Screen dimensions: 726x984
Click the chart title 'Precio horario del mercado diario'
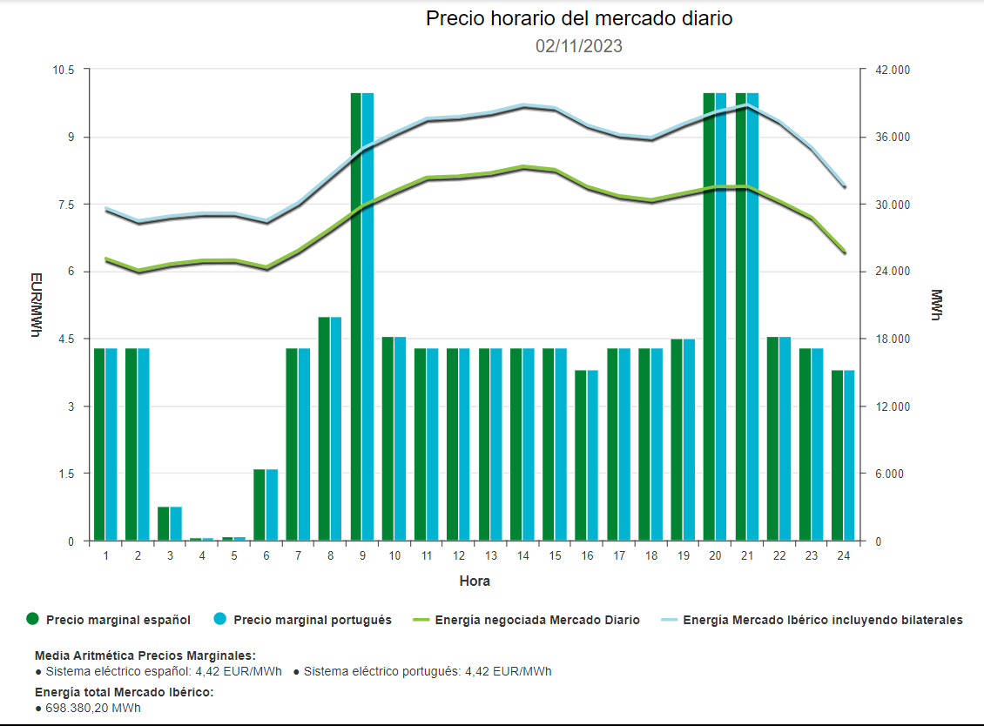pyautogui.click(x=579, y=18)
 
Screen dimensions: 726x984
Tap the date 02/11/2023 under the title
pyautogui.click(x=579, y=46)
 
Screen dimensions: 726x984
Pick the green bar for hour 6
pyautogui.click(x=259, y=505)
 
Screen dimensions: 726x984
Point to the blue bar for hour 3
pyautogui.click(x=176, y=523)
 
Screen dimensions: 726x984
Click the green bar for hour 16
pyautogui.click(x=581, y=455)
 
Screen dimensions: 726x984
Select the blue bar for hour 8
pyautogui.click(x=336, y=428)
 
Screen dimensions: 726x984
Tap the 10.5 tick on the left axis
pyautogui.click(x=64, y=70)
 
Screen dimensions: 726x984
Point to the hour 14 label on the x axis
pyautogui.click(x=522, y=555)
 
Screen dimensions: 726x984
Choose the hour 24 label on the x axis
pyautogui.click(x=843, y=555)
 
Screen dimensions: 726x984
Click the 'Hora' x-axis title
pyautogui.click(x=475, y=581)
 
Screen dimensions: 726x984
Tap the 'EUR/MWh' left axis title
pyautogui.click(x=36, y=305)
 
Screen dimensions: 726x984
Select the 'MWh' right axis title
pyautogui.click(x=936, y=305)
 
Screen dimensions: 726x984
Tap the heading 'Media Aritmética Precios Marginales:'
pyautogui.click(x=145, y=655)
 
